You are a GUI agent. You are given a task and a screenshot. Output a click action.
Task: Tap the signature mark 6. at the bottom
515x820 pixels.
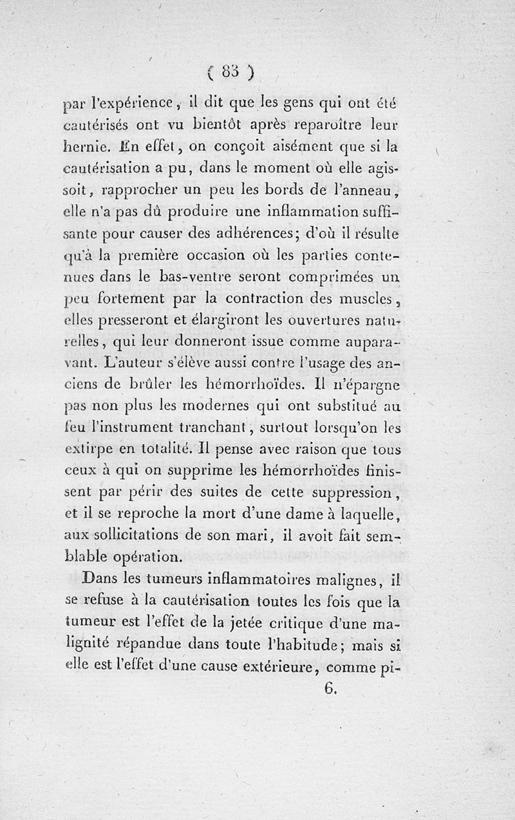[329, 688]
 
